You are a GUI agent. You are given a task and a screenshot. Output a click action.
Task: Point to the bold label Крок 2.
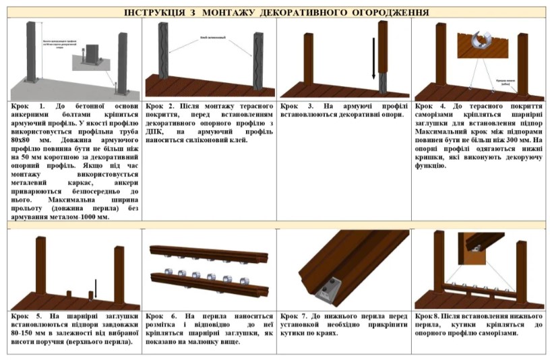[x=160, y=107]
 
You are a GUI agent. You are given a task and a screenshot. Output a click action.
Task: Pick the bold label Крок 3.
[x=295, y=107]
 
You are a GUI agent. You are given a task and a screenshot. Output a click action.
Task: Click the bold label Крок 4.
[x=429, y=107]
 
